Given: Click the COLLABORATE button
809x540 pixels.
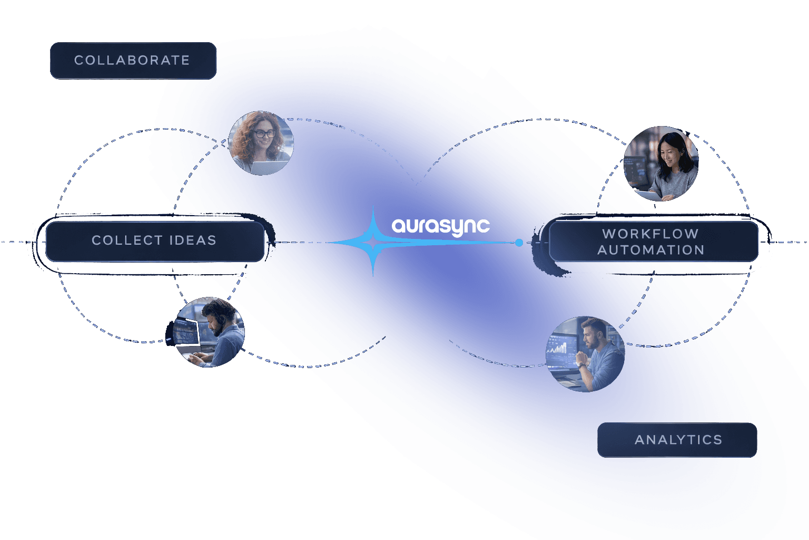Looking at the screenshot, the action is (133, 61).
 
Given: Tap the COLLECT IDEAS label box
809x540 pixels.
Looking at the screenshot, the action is (155, 241).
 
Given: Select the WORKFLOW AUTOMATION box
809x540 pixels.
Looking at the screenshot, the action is (653, 241).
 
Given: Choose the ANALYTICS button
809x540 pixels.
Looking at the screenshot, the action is (677, 440).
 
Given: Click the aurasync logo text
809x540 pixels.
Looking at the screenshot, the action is (441, 227).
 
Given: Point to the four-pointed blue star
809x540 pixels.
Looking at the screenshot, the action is (373, 242).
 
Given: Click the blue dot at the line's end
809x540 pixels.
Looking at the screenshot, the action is (519, 243).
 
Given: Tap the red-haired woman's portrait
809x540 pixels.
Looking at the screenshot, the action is (261, 143).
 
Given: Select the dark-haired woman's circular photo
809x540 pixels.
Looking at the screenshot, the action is (661, 163).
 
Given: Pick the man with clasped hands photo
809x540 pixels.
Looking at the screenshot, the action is (585, 354).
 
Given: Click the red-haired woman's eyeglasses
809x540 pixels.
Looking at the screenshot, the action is (264, 133).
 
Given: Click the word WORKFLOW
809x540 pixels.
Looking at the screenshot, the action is (650, 234).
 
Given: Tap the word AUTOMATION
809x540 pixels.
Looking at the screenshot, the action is (651, 250).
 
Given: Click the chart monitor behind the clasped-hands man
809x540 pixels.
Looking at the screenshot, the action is (561, 346).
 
